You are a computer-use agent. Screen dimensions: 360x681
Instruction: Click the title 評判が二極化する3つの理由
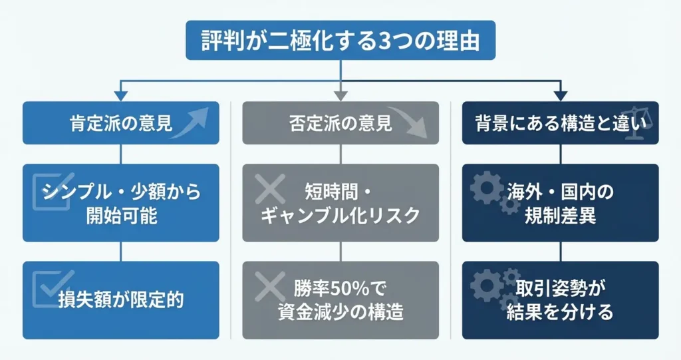340,41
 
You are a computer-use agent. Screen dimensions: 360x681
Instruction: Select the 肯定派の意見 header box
120,122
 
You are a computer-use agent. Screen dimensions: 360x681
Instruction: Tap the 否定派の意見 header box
340,122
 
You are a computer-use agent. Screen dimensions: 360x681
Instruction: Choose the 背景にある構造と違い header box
560,122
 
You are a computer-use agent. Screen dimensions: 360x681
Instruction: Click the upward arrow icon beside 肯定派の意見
193,121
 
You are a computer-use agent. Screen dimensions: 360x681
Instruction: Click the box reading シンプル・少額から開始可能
120,202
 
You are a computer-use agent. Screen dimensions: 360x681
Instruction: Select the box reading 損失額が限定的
120,299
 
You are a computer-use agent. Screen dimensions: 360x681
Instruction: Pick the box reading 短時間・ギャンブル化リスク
340,202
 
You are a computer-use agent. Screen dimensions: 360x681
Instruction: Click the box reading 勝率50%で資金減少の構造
340,299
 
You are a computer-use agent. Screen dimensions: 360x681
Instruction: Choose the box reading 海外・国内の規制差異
560,202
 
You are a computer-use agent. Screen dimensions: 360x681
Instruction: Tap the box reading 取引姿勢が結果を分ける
560,299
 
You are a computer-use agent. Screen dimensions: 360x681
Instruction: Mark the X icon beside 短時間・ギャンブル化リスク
270,190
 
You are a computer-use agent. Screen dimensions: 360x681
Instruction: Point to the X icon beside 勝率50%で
270,287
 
